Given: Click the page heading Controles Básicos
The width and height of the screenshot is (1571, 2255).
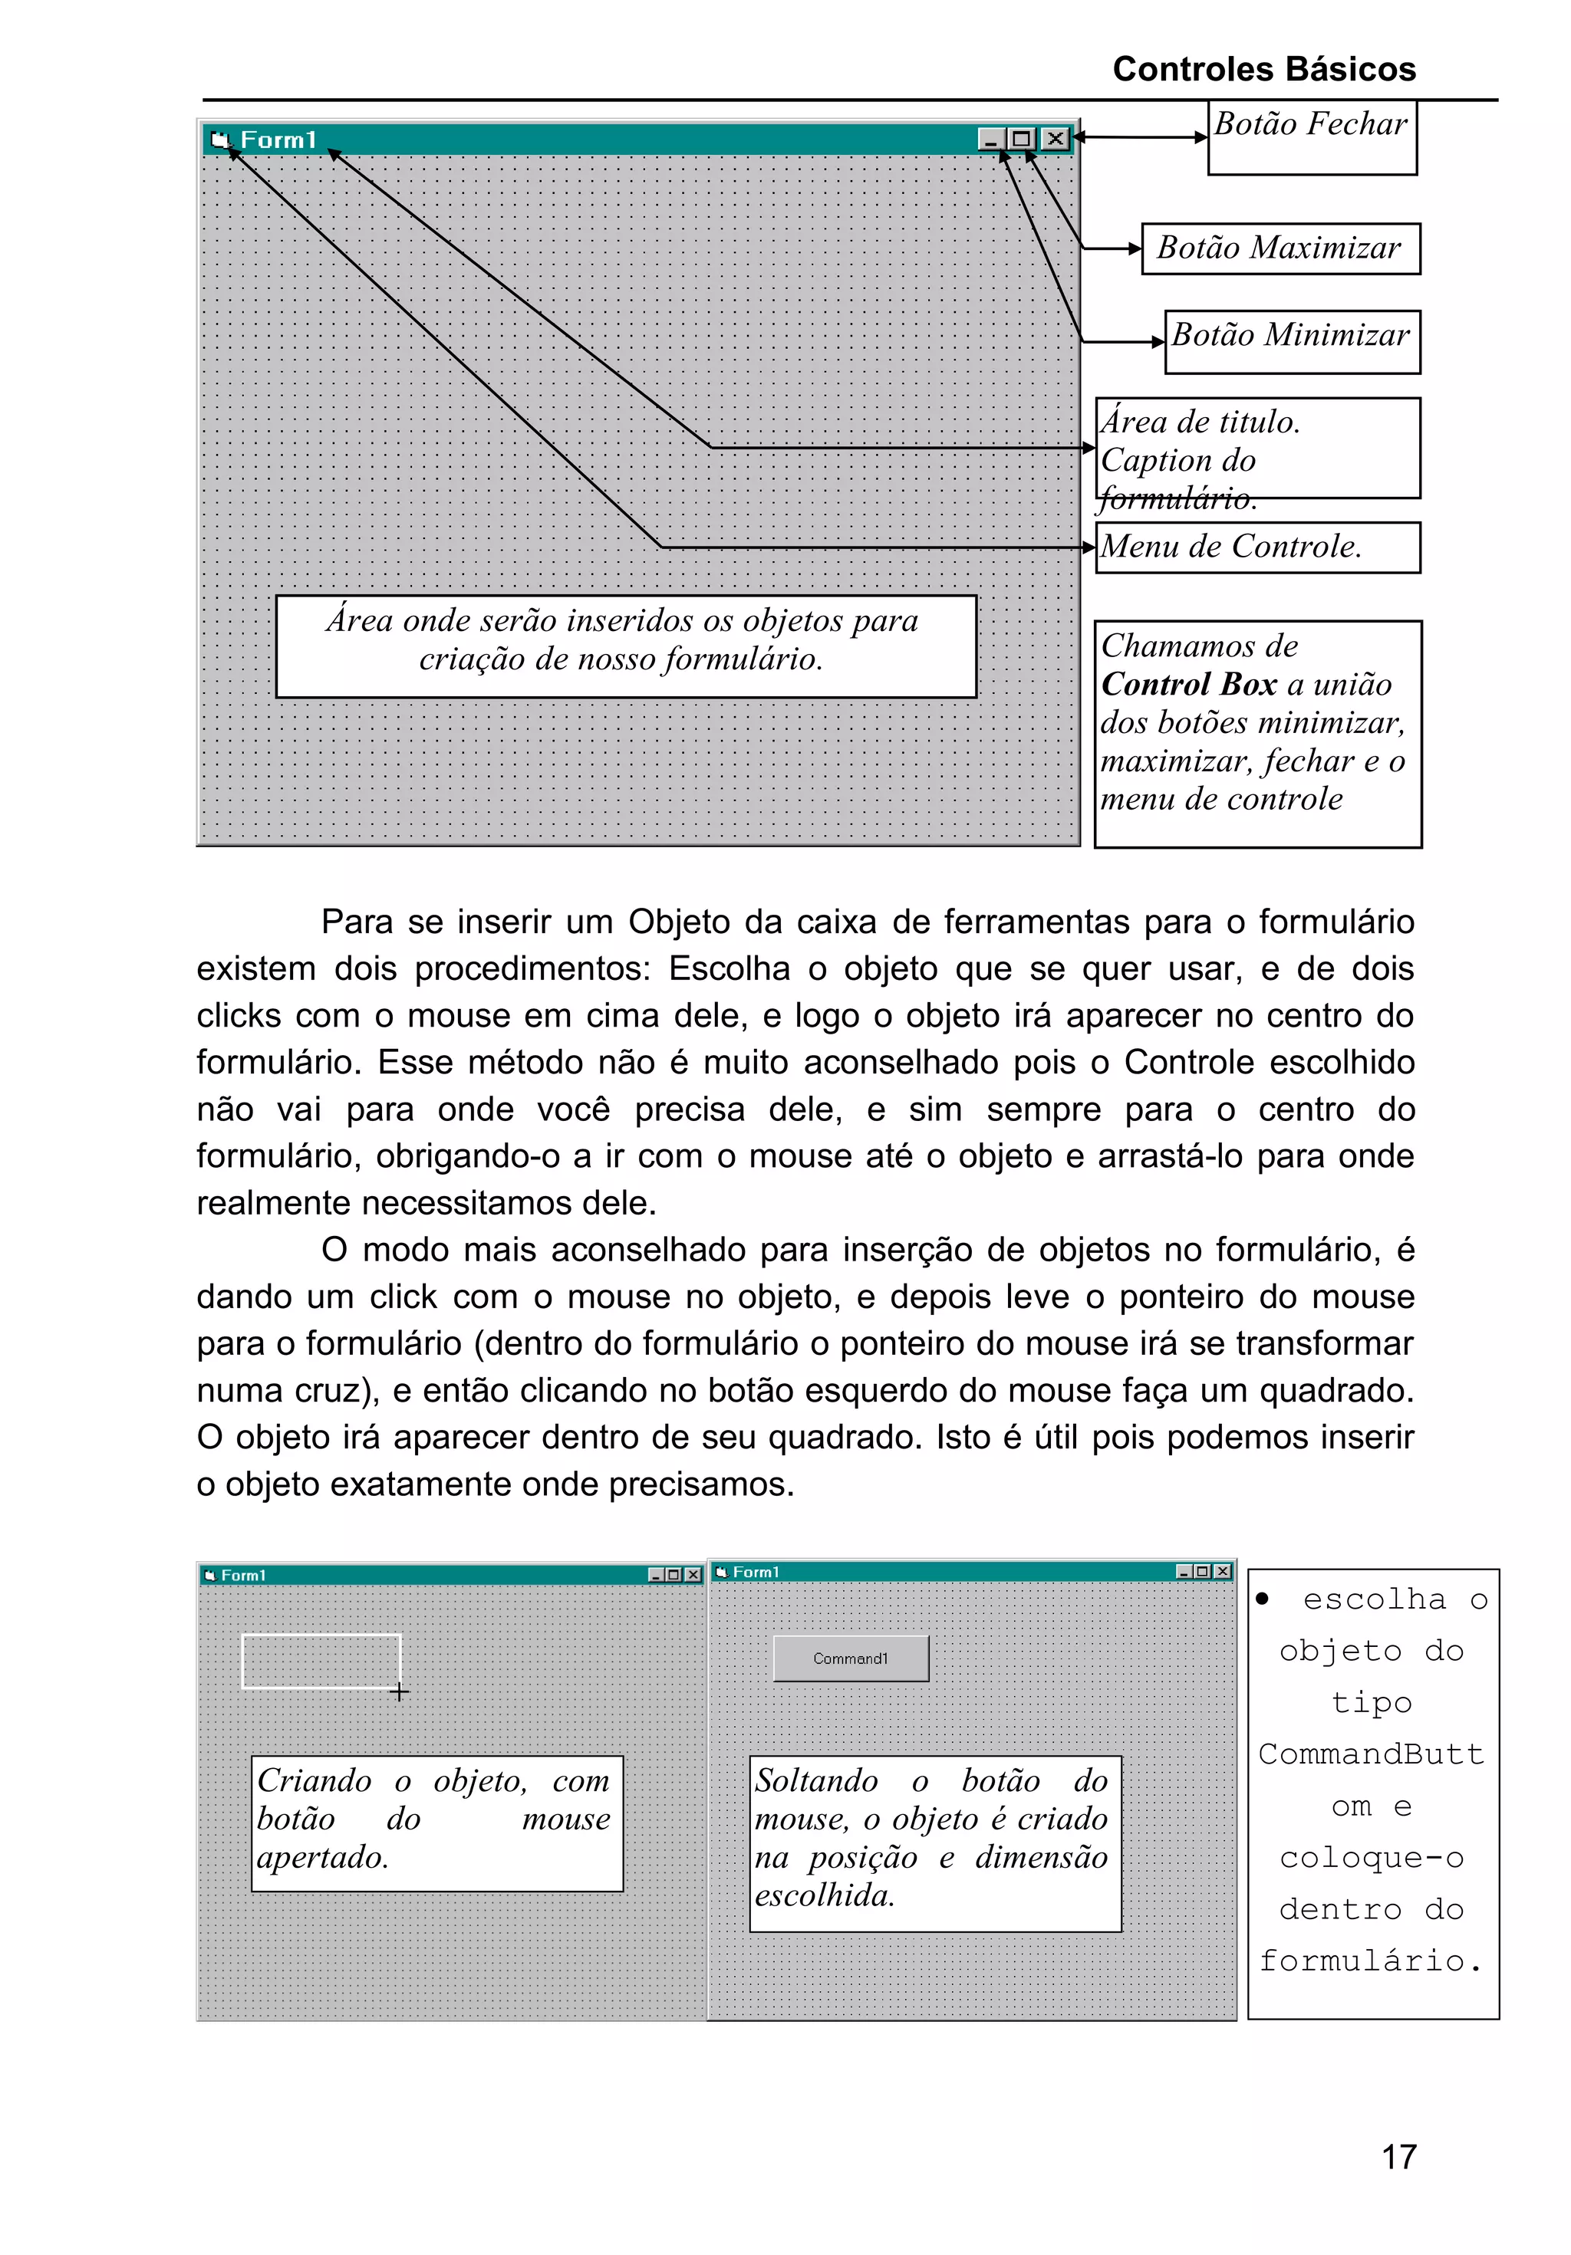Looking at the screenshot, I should click(x=1263, y=69).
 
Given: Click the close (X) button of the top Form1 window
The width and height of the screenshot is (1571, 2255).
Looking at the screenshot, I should click(x=1054, y=139).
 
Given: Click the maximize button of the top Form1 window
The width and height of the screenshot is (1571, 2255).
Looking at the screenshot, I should click(x=1022, y=139).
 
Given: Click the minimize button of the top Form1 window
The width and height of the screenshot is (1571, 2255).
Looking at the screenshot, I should click(x=991, y=139).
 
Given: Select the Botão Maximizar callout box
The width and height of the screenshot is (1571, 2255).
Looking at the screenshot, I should click(x=1280, y=248).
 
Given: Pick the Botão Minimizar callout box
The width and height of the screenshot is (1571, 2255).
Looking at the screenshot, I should click(x=1291, y=340).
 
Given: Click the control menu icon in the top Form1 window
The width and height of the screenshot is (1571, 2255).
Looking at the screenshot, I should click(x=220, y=140).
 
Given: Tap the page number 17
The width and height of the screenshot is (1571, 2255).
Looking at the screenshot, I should click(x=1398, y=2157).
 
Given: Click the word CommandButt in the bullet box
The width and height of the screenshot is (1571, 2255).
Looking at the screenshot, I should click(x=1371, y=1753).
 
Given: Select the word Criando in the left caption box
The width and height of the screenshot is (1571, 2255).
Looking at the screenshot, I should click(x=315, y=1780).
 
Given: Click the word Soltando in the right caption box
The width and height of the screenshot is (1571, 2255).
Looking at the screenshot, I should click(x=816, y=1780).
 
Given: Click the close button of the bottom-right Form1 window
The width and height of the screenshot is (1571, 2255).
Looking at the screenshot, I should click(x=1222, y=1571).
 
